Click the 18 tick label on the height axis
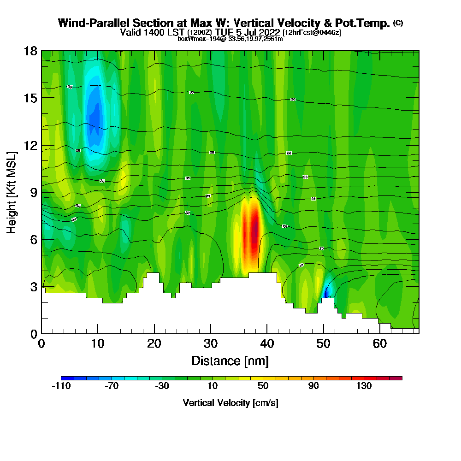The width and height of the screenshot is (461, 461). click(x=30, y=51)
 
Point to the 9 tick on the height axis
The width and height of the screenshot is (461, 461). click(x=41, y=192)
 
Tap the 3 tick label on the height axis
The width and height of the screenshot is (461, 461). click(x=33, y=286)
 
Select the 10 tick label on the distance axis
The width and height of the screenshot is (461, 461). click(x=98, y=344)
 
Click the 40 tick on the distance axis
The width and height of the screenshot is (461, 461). click(x=267, y=333)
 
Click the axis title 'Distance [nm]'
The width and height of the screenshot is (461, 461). click(x=230, y=361)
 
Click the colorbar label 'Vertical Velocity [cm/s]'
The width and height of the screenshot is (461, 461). click(x=230, y=403)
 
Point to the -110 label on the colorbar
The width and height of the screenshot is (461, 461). click(x=61, y=386)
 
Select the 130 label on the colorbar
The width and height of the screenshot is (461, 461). click(x=364, y=386)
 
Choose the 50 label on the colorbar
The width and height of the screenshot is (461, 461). click(x=263, y=386)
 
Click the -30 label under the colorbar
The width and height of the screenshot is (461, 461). click(x=162, y=386)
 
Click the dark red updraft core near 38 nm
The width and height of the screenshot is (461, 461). click(x=255, y=228)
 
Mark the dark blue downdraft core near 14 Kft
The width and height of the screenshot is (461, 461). click(x=95, y=118)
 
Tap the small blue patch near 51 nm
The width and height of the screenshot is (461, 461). click(x=327, y=291)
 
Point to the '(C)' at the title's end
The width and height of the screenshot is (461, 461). click(x=398, y=23)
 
